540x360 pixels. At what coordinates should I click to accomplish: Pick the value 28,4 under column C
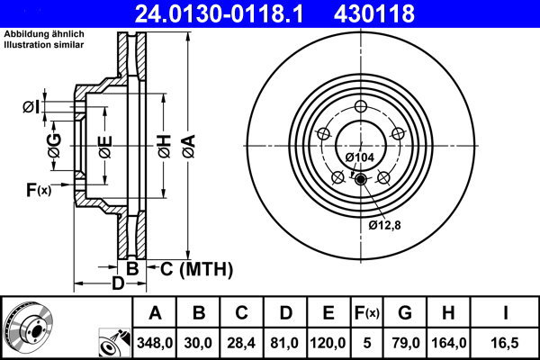tap(242, 343)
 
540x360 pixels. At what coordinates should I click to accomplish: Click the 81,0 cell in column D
tap(285, 343)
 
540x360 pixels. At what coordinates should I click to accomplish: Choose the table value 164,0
tap(449, 343)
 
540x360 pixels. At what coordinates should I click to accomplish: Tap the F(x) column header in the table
tap(366, 313)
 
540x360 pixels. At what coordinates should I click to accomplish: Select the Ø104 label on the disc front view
tap(361, 157)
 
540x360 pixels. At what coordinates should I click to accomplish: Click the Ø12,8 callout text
tap(384, 224)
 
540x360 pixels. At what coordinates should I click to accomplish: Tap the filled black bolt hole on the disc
tap(361, 180)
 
